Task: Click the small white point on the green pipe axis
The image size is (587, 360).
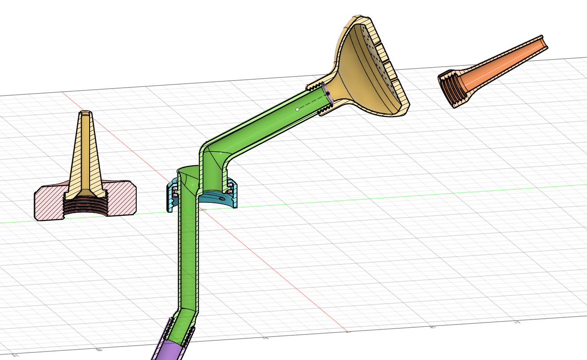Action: [297, 109]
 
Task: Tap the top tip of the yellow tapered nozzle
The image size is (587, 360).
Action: [85, 113]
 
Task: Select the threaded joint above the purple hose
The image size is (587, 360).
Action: [179, 331]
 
